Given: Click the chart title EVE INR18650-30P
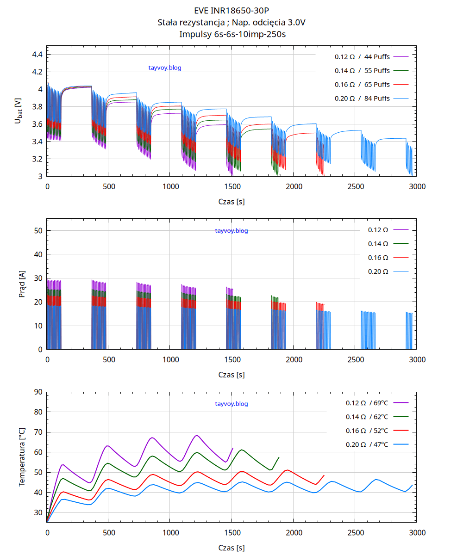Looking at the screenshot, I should click(231, 10).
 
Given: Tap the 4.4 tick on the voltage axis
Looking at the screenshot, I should click(37, 55).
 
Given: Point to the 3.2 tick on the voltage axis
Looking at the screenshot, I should click(37, 159).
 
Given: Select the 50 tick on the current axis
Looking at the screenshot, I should click(38, 230).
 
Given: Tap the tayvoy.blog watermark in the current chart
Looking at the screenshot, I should click(231, 231).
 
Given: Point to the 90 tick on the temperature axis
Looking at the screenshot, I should click(38, 392).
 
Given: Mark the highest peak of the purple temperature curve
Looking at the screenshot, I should click(197, 435).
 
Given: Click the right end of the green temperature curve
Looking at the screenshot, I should click(279, 457).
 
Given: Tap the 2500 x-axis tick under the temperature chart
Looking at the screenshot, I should click(356, 533).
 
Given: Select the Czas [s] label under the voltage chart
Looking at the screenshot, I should click(231, 202).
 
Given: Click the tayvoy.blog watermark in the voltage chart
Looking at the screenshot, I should click(165, 68).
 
